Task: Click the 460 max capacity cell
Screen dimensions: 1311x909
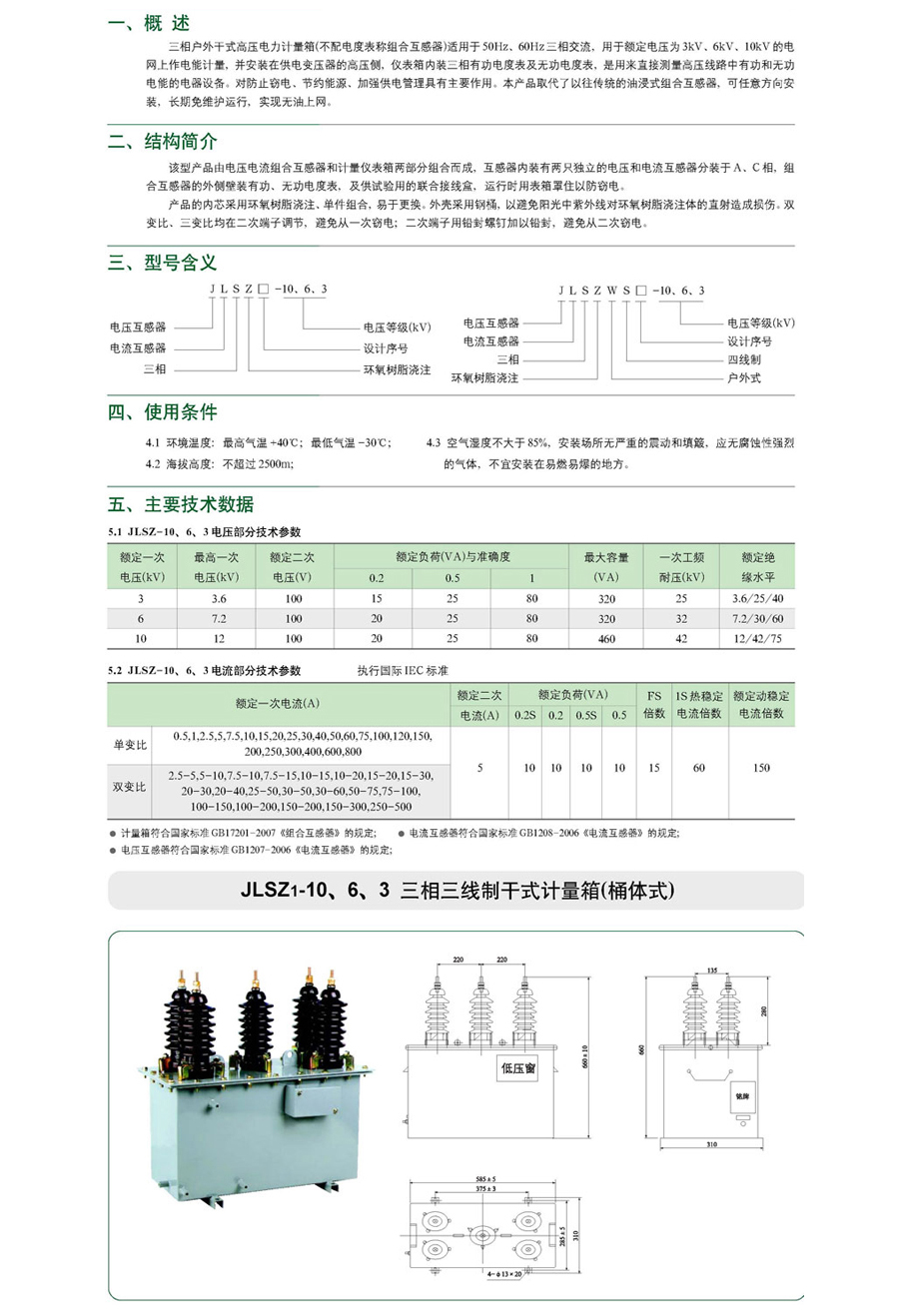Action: pos(605,638)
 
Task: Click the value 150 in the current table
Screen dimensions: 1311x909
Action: pos(762,769)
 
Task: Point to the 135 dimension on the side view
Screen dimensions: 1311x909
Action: pos(710,969)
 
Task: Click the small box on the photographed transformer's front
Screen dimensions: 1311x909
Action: pos(301,1101)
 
